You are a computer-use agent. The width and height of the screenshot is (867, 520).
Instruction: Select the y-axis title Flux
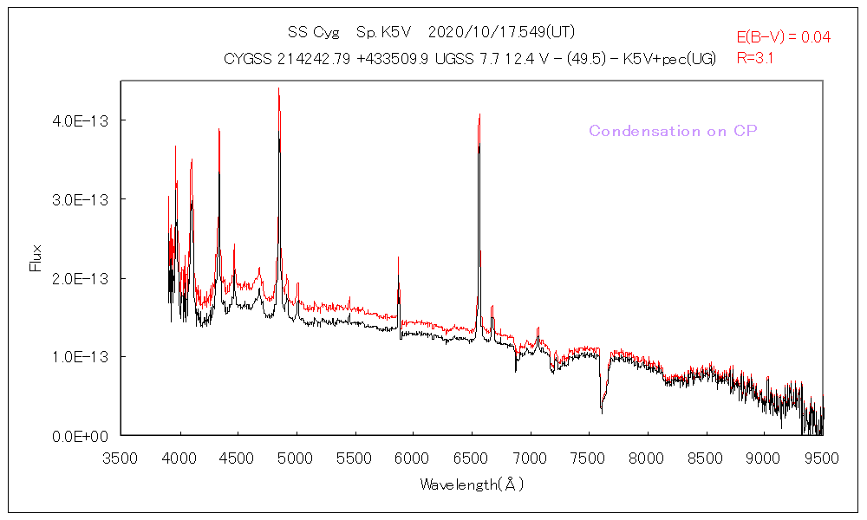[36, 257]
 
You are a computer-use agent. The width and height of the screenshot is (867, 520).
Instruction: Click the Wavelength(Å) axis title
[472, 484]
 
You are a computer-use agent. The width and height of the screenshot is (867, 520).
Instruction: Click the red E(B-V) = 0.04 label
[784, 37]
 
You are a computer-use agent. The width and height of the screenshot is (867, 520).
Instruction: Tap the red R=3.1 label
[755, 59]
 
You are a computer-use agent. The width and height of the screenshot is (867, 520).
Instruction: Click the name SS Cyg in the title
[310, 32]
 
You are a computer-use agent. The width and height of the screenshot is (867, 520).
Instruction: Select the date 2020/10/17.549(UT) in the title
[502, 32]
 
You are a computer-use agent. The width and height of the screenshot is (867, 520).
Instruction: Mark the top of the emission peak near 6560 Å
[479, 114]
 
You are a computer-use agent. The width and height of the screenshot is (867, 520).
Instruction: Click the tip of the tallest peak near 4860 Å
[278, 88]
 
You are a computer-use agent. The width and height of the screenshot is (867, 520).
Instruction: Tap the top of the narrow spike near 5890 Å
[399, 257]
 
